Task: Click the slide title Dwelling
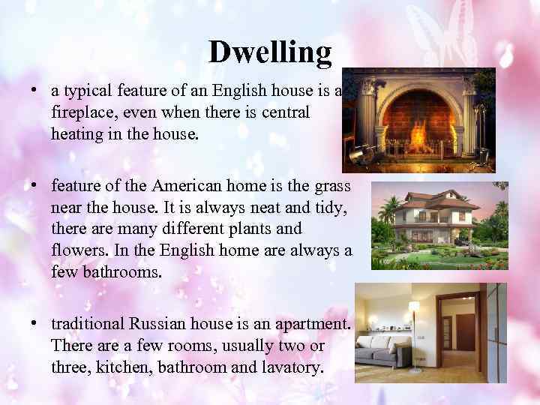point(269,52)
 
